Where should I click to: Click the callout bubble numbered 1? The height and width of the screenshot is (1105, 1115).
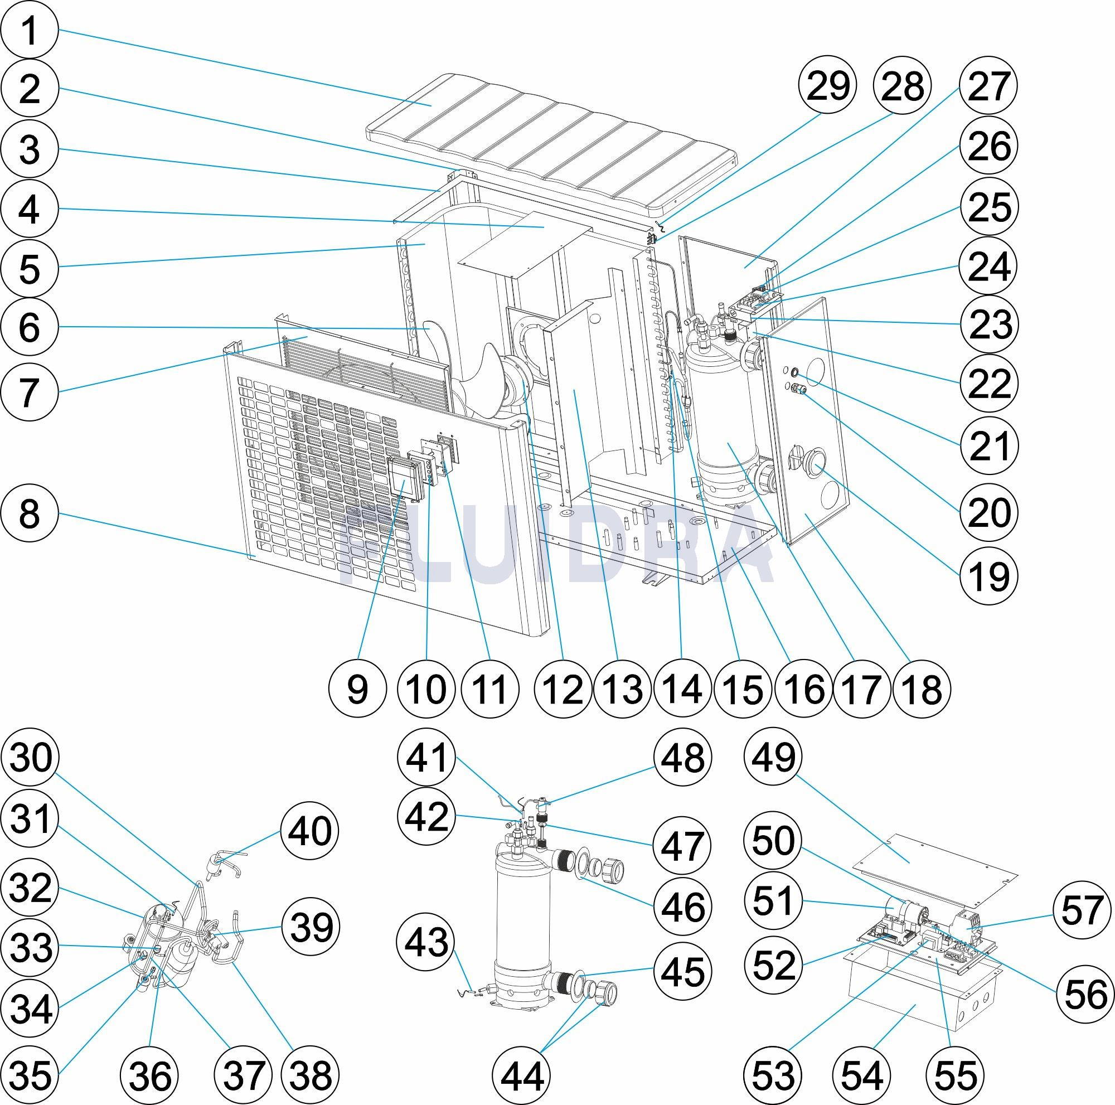(x=30, y=31)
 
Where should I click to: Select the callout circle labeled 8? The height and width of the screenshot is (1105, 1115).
(x=30, y=513)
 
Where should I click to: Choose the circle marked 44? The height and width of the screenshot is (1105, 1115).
(x=521, y=1074)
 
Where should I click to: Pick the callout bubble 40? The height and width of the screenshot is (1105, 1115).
(x=310, y=831)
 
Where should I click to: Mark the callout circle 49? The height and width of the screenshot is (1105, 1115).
(x=774, y=757)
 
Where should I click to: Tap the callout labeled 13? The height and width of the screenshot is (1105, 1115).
(x=624, y=689)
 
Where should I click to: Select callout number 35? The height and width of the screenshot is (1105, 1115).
(x=31, y=1074)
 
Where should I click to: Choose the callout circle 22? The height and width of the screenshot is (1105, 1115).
(x=988, y=383)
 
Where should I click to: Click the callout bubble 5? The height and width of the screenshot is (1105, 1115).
(x=30, y=268)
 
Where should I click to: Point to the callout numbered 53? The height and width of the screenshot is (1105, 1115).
(x=774, y=1074)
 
